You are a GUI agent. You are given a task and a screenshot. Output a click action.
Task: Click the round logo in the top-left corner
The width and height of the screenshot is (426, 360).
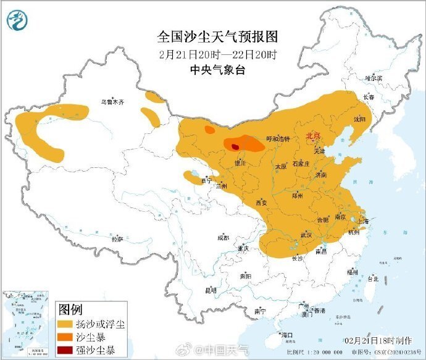click(x=18, y=22)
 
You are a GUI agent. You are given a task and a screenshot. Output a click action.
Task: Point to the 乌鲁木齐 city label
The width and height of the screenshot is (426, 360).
click(x=114, y=102)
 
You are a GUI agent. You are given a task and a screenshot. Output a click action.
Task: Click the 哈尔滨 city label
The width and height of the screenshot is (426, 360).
click(x=374, y=78)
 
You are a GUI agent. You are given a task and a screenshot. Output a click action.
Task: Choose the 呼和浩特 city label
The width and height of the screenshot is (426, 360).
click(x=277, y=139)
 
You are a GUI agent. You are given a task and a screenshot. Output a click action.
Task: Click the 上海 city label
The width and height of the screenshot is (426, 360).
click(x=362, y=221)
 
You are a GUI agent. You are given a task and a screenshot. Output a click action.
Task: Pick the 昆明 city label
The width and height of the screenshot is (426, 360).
click(x=211, y=290)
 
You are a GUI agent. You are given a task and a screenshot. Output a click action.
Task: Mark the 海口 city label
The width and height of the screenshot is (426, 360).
click(x=286, y=335)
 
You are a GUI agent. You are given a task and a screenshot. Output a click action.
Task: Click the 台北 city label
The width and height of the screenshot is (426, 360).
click(x=372, y=278)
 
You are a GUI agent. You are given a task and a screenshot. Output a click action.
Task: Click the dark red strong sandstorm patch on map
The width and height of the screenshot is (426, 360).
click(x=235, y=146)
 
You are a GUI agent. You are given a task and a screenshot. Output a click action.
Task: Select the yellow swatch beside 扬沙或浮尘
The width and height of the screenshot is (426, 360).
click(x=64, y=324)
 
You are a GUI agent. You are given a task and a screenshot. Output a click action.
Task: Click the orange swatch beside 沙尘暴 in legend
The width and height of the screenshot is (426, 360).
click(x=64, y=337)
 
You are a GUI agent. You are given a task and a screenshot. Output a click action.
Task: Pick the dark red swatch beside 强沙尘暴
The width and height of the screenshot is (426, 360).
click(x=64, y=350)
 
